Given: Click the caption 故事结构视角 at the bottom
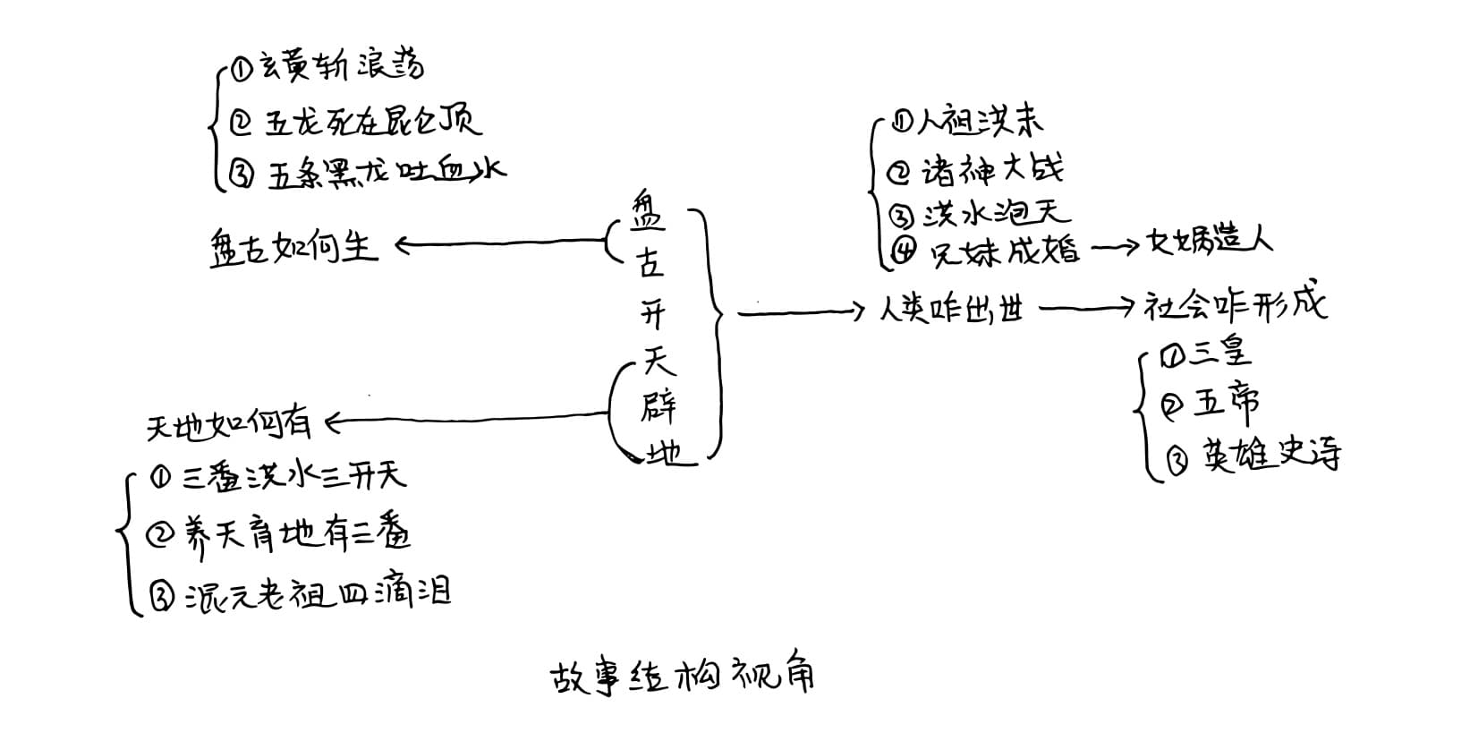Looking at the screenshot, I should click(x=681, y=676).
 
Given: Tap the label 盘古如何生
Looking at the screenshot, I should click(x=294, y=245).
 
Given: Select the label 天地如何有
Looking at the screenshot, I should click(x=229, y=423).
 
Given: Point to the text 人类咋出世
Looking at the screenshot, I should click(x=951, y=310).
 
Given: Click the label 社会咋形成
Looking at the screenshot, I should click(x=1236, y=306).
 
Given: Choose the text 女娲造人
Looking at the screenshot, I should click(x=1209, y=242).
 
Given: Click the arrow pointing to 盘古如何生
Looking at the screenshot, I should click(x=501, y=242).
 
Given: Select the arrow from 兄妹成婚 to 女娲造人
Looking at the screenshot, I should click(x=1115, y=248).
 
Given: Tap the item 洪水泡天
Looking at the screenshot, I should click(x=996, y=213).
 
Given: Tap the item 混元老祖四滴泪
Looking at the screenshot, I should click(x=318, y=592).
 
